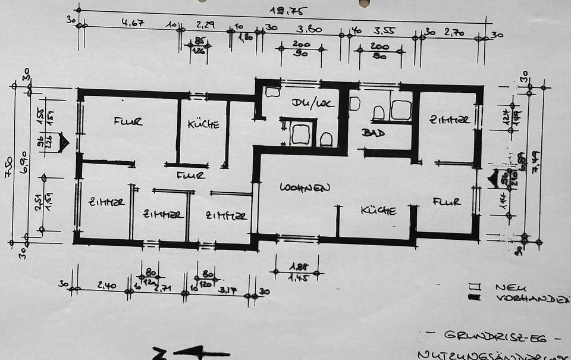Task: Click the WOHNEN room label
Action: [305, 187]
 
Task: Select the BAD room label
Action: [373, 133]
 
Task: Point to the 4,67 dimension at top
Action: [133, 23]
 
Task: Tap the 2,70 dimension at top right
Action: [454, 32]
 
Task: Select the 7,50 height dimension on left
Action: [7, 162]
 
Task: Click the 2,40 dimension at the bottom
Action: [106, 286]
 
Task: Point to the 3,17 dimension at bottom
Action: [227, 290]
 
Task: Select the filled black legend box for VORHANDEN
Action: [474, 297]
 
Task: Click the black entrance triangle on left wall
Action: [64, 143]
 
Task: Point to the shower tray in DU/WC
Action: [300, 134]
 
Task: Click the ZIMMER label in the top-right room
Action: [450, 120]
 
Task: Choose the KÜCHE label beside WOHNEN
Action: [378, 210]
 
